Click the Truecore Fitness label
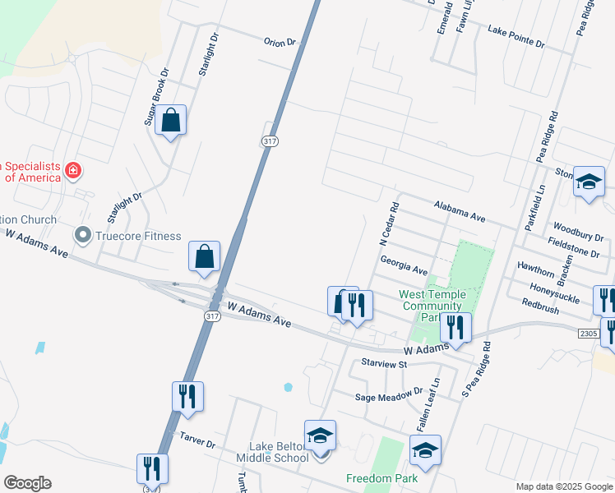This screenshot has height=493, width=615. point(137,237)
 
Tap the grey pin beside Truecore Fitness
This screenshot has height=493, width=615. point(83,236)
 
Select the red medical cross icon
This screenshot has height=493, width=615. point(73,171)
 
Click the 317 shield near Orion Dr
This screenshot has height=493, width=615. point(270,141)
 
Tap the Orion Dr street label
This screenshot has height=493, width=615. point(280,41)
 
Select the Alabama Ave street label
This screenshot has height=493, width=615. point(460,211)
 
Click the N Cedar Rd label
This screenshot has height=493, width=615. point(389,224)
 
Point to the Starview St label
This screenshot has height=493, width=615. point(384,362)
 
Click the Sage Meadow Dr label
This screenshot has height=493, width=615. point(388,395)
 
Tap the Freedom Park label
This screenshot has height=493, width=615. point(381,478)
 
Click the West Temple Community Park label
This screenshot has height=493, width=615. point(432,306)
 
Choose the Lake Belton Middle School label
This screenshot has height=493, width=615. point(272,452)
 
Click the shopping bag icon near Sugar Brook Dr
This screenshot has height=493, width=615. point(170,121)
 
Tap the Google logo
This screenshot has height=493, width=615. point(27,483)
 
